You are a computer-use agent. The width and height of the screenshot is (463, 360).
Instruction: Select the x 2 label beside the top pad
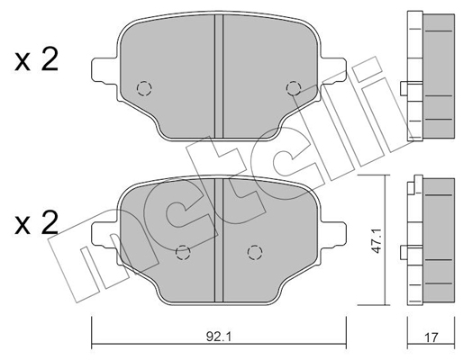(x=36, y=61)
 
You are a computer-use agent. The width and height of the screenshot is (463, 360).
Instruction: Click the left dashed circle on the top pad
(x=142, y=88)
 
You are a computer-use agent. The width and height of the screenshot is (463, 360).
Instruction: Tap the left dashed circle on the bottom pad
(x=181, y=252)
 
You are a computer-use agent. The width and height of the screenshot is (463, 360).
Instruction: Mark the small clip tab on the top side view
(x=404, y=88)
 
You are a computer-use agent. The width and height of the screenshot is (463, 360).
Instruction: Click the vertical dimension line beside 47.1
(x=388, y=242)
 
